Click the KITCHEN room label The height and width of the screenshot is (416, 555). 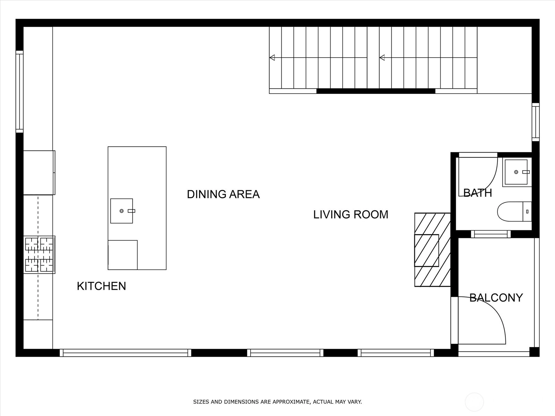coord(101,286)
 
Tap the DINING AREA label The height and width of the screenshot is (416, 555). coord(223,194)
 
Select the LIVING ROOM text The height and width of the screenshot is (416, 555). coord(351,215)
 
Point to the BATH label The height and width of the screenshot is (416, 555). coord(478,193)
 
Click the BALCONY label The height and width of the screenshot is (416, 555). coord(496,298)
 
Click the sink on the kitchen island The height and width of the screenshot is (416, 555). coord(122,211)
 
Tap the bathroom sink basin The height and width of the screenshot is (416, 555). coord(516,172)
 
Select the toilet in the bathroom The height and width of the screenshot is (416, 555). coord(514,211)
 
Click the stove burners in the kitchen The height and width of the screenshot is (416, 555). coord(39,254)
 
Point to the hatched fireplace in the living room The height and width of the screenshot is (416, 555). coord(432,250)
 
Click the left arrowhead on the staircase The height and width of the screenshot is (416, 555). coord(272,58)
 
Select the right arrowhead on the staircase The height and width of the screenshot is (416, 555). coord(382,58)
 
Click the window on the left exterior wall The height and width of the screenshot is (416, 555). coord(19,92)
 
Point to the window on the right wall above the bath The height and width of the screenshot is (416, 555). coord(536,122)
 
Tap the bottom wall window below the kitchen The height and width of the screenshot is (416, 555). coord(126,353)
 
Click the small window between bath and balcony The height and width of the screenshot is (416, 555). coord(491,234)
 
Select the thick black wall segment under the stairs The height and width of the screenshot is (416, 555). coord(376,91)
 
